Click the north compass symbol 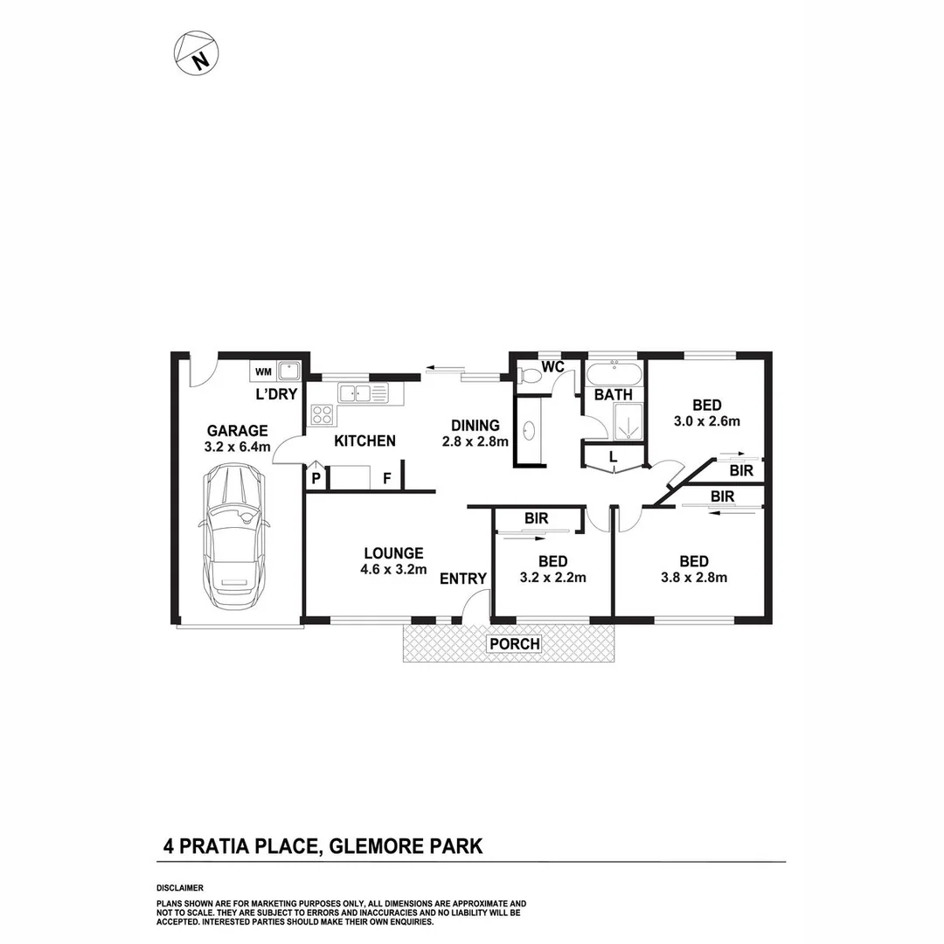[197, 52]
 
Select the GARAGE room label [237, 430]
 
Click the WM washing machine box [263, 371]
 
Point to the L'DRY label [276, 394]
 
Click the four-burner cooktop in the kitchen [322, 414]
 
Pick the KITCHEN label [365, 441]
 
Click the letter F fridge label [386, 479]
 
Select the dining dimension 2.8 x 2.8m [475, 441]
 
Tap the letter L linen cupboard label [614, 456]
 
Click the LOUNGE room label [394, 553]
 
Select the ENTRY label [463, 578]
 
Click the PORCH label [514, 645]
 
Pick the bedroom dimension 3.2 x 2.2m [552, 577]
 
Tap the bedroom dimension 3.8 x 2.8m [695, 577]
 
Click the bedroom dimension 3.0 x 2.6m [707, 420]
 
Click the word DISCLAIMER [179, 887]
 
